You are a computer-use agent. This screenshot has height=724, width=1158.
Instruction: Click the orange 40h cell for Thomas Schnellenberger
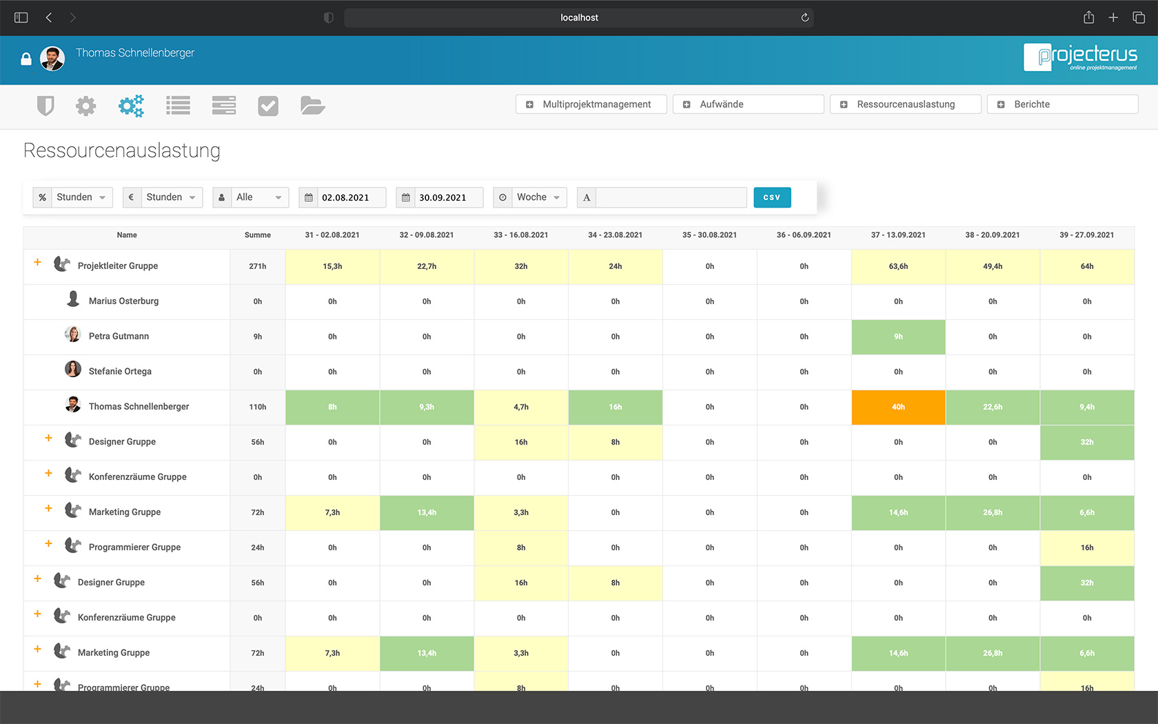(898, 407)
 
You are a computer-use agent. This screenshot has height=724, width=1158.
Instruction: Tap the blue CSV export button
(772, 197)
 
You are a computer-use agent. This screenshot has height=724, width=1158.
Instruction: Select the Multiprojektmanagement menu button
(591, 104)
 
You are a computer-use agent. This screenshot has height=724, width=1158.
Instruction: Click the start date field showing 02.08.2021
(350, 197)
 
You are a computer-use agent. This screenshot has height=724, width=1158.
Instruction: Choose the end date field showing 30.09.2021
(447, 197)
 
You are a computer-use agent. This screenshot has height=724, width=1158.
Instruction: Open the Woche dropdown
(538, 197)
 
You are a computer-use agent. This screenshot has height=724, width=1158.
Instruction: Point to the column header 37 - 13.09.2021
(898, 235)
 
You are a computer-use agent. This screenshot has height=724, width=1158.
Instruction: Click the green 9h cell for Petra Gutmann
(898, 336)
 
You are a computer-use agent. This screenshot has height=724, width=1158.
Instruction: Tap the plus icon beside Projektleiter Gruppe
(38, 263)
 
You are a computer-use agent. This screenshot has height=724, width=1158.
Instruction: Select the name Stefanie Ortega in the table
(120, 372)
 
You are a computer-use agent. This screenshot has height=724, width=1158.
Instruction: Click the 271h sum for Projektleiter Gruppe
(258, 266)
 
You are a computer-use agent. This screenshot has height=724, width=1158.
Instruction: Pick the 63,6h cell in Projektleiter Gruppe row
(898, 266)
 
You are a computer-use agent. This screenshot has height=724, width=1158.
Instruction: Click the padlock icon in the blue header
(26, 59)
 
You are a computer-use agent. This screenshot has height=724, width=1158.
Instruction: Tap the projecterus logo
(1080, 57)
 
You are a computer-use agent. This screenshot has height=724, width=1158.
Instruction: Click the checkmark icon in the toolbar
(268, 105)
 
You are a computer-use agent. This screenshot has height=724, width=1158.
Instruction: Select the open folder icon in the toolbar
(312, 105)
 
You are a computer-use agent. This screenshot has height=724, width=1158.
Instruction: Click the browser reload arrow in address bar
(804, 17)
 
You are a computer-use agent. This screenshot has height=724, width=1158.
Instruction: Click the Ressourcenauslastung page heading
(122, 150)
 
